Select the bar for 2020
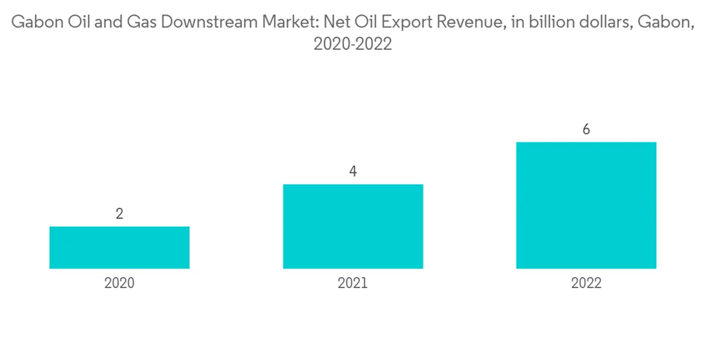pyautogui.click(x=119, y=247)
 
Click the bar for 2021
pyautogui.click(x=353, y=226)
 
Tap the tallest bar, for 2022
pyautogui.click(x=586, y=205)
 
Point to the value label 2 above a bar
pyautogui.click(x=119, y=214)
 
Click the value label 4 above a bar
pyautogui.click(x=353, y=171)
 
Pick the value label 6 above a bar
pyautogui.click(x=586, y=129)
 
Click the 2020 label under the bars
pyautogui.click(x=119, y=283)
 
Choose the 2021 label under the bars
pyautogui.click(x=353, y=283)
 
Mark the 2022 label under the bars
pyautogui.click(x=586, y=283)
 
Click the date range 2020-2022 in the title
pyautogui.click(x=353, y=45)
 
